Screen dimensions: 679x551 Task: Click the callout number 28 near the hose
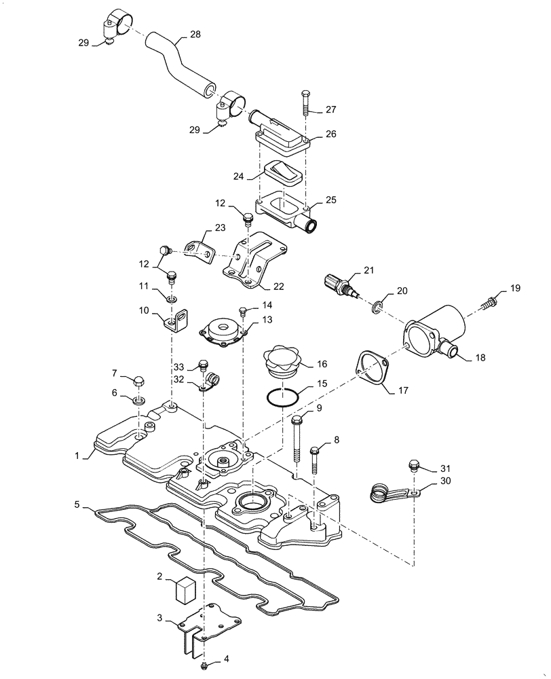(x=195, y=34)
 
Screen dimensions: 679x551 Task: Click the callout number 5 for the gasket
(x=78, y=505)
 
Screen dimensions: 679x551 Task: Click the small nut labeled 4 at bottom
(x=204, y=664)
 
